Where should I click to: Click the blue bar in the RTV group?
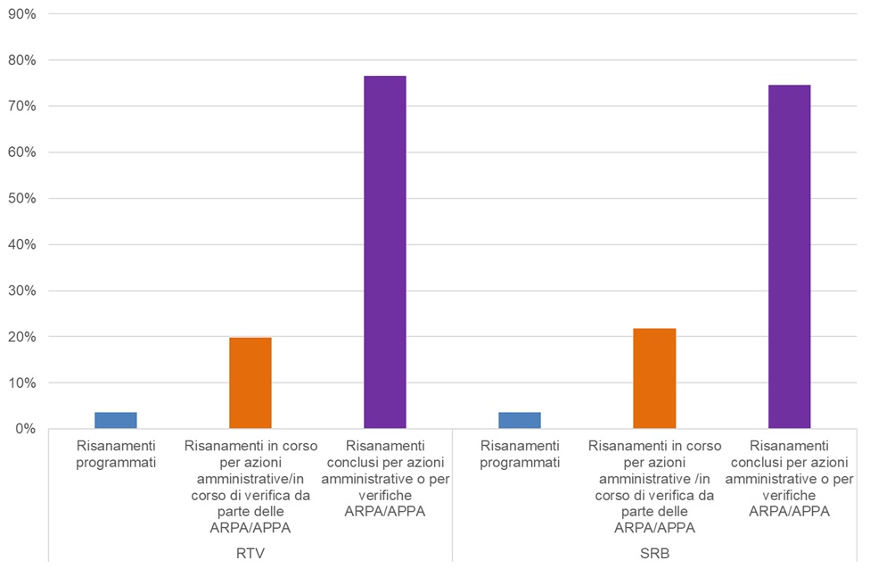pyautogui.click(x=115, y=420)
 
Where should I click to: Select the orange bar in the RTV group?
pyautogui.click(x=250, y=383)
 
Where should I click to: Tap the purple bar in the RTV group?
pyautogui.click(x=385, y=252)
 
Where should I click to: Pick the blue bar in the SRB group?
pyautogui.click(x=520, y=420)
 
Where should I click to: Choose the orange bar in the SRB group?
pyautogui.click(x=655, y=378)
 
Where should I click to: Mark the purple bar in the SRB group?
pyautogui.click(x=790, y=257)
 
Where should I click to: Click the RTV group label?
pyautogui.click(x=250, y=553)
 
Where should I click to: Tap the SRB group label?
pyautogui.click(x=655, y=553)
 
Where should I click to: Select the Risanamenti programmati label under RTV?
pyautogui.click(x=116, y=453)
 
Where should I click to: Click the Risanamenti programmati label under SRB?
pyautogui.click(x=520, y=453)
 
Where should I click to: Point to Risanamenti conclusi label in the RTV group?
pyautogui.click(x=385, y=478)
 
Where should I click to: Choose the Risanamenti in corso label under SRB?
pyautogui.click(x=655, y=487)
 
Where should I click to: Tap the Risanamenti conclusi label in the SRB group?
pyautogui.click(x=790, y=478)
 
